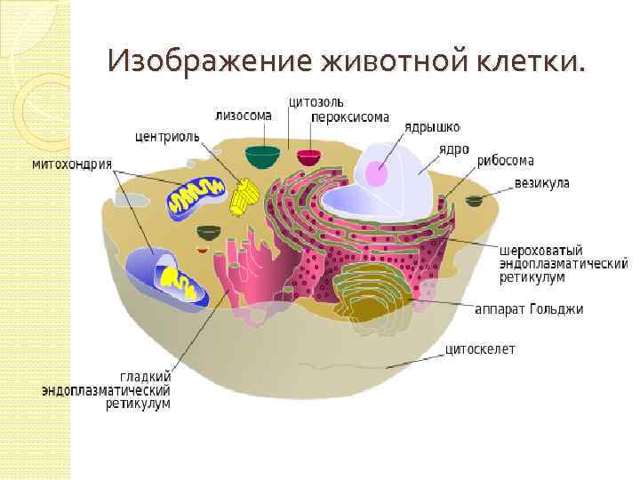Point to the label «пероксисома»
point(350,116)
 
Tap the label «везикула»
point(541,184)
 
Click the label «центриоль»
point(166,138)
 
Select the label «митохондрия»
point(72,164)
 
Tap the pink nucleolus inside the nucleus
point(377,173)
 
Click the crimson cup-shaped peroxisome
point(309,158)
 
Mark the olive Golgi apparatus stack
point(373,293)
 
